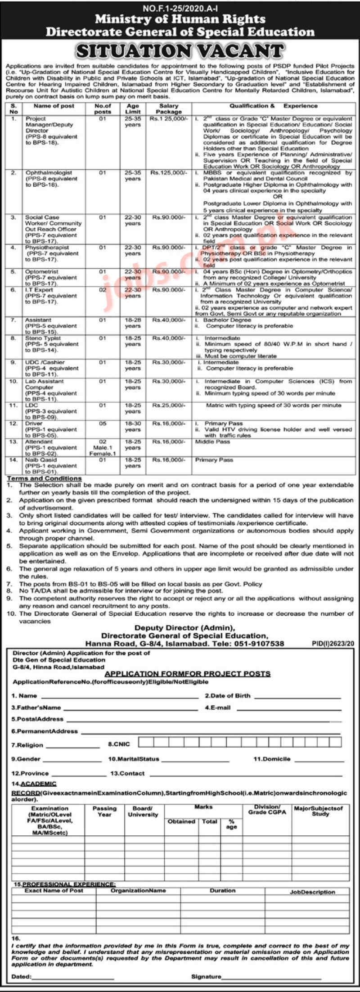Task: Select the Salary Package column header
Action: tap(169, 108)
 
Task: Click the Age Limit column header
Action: tap(133, 108)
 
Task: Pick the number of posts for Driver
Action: tap(103, 424)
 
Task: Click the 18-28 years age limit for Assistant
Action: tap(133, 323)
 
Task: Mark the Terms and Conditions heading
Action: tap(44, 478)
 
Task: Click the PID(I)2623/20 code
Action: tap(333, 644)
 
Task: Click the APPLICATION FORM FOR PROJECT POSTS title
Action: tap(187, 674)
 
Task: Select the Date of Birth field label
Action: tap(228, 695)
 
